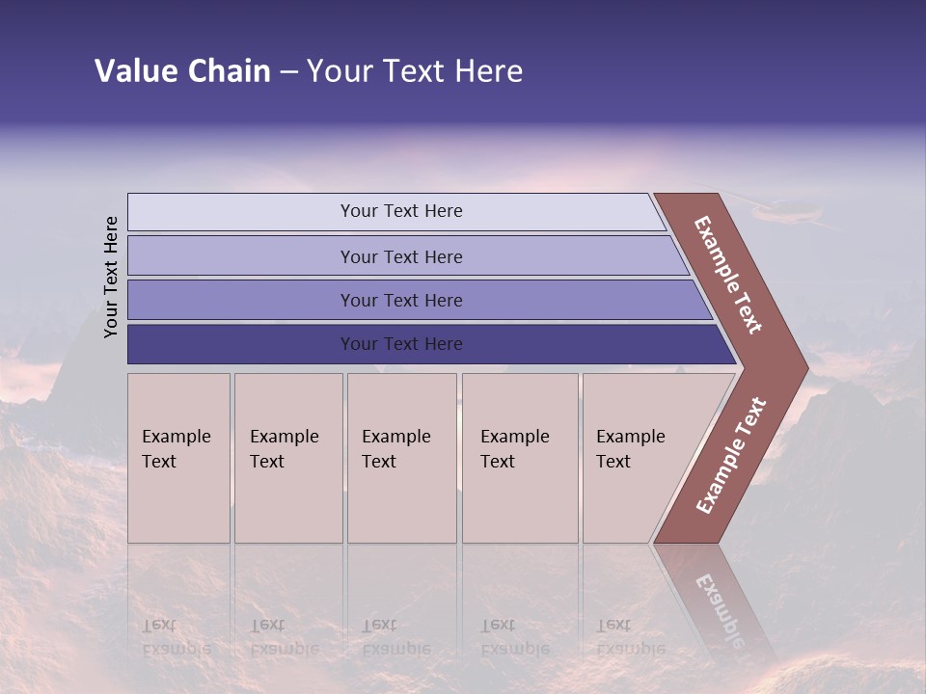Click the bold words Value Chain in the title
(182, 71)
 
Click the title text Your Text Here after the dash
(415, 71)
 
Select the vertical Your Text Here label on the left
(111, 277)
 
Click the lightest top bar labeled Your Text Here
(400, 211)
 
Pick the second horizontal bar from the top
(400, 256)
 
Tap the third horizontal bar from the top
(400, 300)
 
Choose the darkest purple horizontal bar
(400, 344)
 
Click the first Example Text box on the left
(178, 458)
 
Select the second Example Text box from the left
(287, 458)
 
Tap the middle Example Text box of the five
(401, 458)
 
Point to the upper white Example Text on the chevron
(728, 275)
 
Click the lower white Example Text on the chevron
(731, 455)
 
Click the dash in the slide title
(288, 72)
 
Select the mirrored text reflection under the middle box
(395, 637)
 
